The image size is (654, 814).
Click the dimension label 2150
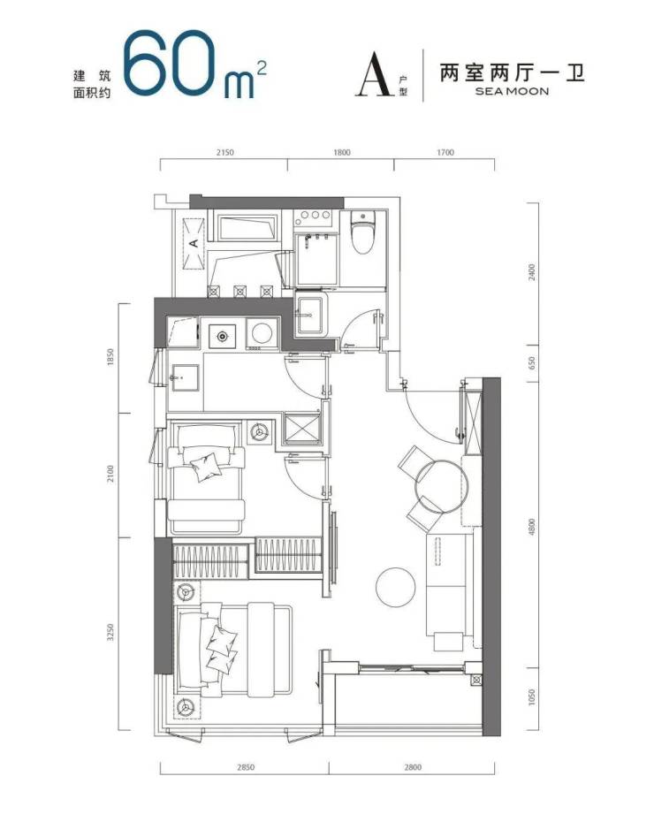coord(224,152)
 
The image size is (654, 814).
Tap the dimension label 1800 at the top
coord(341,152)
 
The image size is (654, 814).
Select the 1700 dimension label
coord(445,152)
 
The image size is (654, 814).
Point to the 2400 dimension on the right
coord(530,272)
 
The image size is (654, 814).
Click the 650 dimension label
coord(530,362)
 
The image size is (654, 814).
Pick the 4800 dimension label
coord(530,527)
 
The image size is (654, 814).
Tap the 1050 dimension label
coord(530,697)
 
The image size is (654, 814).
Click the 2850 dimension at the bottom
coord(245,766)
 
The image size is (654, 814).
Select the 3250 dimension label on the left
coord(110,632)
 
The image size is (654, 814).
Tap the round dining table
coord(442,486)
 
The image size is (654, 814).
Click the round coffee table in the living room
coord(396,587)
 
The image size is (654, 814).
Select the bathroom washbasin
coord(310,314)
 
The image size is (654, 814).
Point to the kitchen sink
coord(185,377)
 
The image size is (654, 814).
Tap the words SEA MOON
coord(512,91)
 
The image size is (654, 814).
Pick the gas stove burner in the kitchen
coord(222,337)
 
